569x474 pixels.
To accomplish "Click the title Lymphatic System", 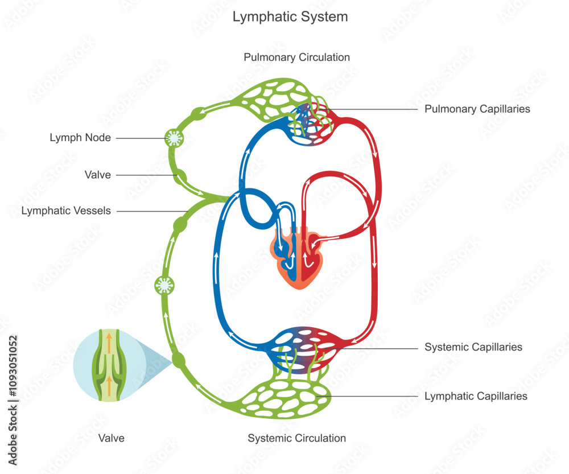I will click(290, 17).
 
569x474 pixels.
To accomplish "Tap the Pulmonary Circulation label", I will click(296, 57).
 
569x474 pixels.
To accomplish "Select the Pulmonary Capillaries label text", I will click(477, 109).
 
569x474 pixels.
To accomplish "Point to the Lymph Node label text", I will click(80, 138).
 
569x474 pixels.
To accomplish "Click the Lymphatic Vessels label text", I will click(66, 211).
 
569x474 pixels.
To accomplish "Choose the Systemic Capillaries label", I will click(473, 347).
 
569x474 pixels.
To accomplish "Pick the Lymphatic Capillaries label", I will click(476, 395).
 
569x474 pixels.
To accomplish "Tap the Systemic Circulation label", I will click(296, 438).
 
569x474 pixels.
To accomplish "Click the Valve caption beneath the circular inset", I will click(111, 438).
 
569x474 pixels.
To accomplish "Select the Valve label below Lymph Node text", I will click(98, 175).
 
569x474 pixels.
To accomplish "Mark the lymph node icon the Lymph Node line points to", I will click(172, 138).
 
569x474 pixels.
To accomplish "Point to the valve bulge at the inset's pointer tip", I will click(178, 360).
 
